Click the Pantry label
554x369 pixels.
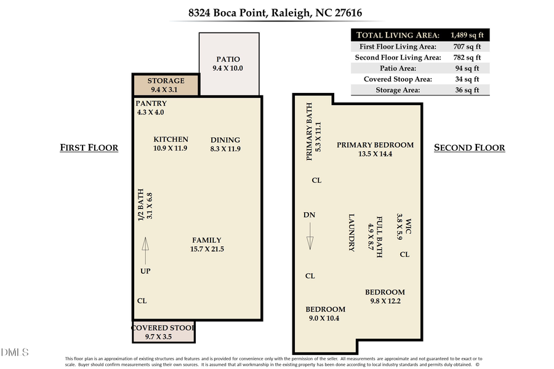coord(151,103)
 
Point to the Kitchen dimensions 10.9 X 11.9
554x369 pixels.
coord(171,148)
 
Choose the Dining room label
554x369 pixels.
coord(225,140)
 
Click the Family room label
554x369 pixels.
coord(206,240)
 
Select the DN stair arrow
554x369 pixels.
coord(310,235)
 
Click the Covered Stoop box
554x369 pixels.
coord(163,333)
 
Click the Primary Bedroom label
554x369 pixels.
coord(375,145)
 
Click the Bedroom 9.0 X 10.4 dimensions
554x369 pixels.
coord(325,318)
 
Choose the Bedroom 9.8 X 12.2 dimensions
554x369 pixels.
coord(385,301)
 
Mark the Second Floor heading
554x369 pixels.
coord(469,148)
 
